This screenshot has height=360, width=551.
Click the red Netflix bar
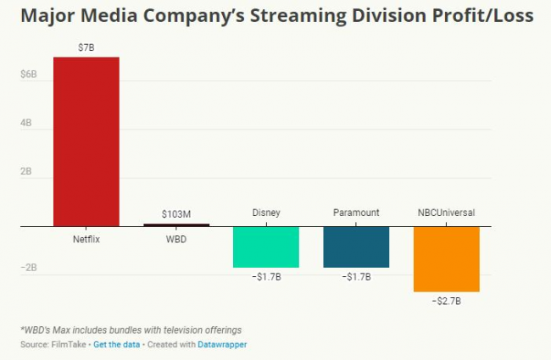[x=86, y=141]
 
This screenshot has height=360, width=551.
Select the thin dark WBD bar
[x=175, y=224]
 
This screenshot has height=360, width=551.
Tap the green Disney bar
[x=265, y=246]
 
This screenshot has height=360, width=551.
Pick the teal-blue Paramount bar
[x=356, y=246]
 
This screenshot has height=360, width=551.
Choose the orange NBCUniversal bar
[x=446, y=258]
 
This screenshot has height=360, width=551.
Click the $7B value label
[x=86, y=48]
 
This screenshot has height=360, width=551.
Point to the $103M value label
[x=175, y=214]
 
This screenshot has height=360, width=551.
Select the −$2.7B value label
[x=446, y=301]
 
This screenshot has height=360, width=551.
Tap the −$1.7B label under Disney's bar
[x=265, y=276]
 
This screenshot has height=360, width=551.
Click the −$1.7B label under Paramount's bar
[x=356, y=276]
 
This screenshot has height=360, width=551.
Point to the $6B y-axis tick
[x=28, y=75]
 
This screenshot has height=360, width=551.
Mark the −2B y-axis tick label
[x=27, y=268]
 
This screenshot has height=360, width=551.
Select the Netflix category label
[x=86, y=239]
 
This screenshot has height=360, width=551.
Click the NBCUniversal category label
[x=446, y=213]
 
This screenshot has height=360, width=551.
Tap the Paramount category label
[x=356, y=213]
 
